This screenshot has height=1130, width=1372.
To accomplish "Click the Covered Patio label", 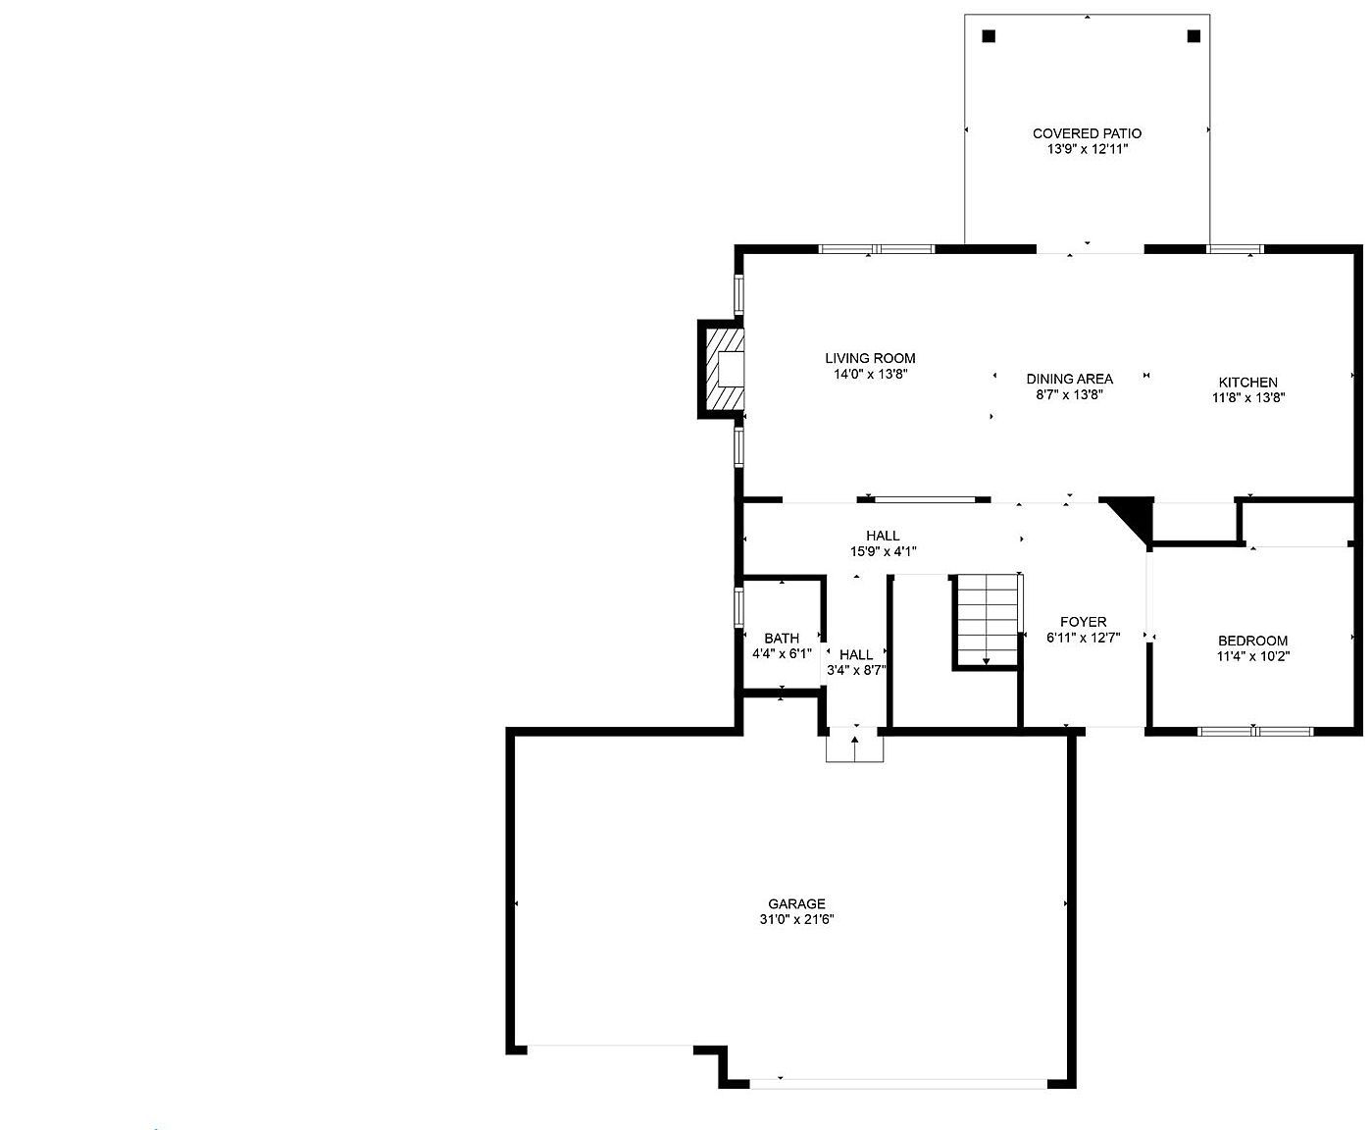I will click(x=1087, y=133).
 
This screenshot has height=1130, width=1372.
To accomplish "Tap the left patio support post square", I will click(x=989, y=36).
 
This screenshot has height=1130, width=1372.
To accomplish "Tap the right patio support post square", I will click(x=1194, y=36).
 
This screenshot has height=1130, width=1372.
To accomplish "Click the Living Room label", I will click(x=870, y=358).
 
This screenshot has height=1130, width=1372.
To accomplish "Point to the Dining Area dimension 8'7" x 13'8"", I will click(x=1069, y=394).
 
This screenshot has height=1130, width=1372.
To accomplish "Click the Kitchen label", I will click(x=1247, y=383).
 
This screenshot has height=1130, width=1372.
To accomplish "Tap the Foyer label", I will click(x=1083, y=622).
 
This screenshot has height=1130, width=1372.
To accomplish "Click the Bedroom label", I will click(x=1252, y=641).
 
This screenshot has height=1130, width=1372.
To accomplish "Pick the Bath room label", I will click(x=782, y=639).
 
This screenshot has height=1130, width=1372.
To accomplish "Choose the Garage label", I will click(x=796, y=903).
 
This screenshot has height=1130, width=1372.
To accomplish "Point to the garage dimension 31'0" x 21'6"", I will click(x=796, y=919).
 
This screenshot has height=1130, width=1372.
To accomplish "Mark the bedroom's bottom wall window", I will click(x=1255, y=731).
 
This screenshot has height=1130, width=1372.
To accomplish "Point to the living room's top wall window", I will click(x=877, y=249).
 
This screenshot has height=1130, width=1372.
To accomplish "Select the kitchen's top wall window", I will click(x=1235, y=249).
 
